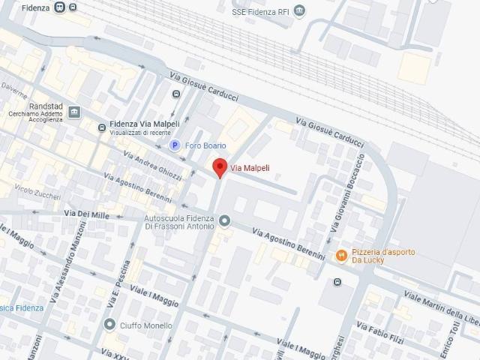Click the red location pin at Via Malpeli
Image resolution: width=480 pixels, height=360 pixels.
[x=219, y=167]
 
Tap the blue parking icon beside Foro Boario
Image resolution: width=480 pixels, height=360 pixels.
[x=175, y=145]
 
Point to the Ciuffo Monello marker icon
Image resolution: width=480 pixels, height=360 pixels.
[x=111, y=325]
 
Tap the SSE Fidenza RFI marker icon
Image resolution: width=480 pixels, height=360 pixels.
[x=300, y=11]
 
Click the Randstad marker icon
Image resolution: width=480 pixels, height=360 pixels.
[x=74, y=112]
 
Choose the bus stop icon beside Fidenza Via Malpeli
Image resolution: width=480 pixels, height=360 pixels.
[x=101, y=128]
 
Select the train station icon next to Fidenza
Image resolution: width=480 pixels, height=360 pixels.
[x=72, y=7]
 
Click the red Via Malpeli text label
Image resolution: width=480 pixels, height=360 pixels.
[x=250, y=167]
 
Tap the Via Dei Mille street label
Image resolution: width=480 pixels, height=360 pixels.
[x=86, y=214]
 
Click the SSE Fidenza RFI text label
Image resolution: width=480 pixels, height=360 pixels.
[x=259, y=11]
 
